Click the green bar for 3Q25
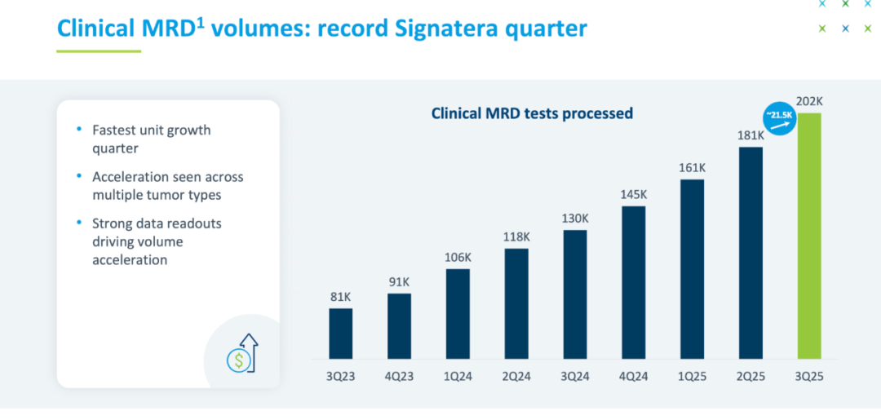809,237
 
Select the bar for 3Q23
341,334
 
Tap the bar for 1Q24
458,314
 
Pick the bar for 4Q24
633,282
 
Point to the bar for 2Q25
750,253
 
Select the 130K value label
575,219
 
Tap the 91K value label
400,282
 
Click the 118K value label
516,237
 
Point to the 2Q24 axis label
516,376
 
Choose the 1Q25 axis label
692,376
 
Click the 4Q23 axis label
400,376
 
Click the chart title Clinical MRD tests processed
532,113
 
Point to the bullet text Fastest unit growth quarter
152,139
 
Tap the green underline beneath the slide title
99,51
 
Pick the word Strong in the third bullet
112,223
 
